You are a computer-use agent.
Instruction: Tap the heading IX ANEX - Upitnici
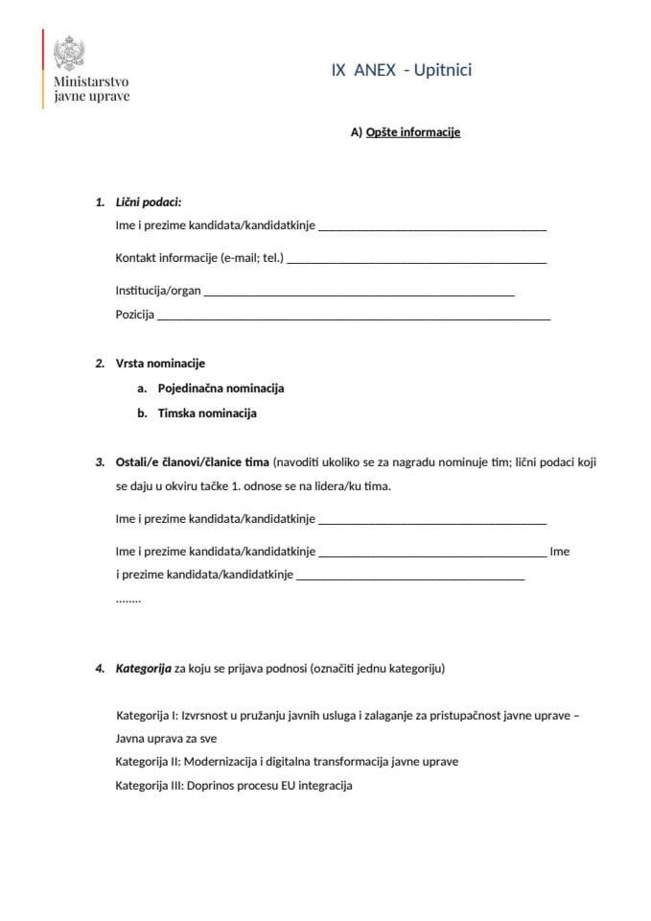[402, 70]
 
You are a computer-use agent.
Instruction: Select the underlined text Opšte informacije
[413, 132]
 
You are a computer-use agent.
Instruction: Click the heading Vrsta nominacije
[160, 364]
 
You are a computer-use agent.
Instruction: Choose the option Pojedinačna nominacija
[221, 389]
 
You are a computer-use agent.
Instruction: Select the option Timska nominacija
[207, 413]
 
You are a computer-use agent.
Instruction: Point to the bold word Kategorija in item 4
[143, 669]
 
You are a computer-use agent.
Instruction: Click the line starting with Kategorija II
[287, 762]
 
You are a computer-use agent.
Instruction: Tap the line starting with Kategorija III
[234, 786]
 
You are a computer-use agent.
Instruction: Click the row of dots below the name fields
[128, 599]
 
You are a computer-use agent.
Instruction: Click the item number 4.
[99, 669]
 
